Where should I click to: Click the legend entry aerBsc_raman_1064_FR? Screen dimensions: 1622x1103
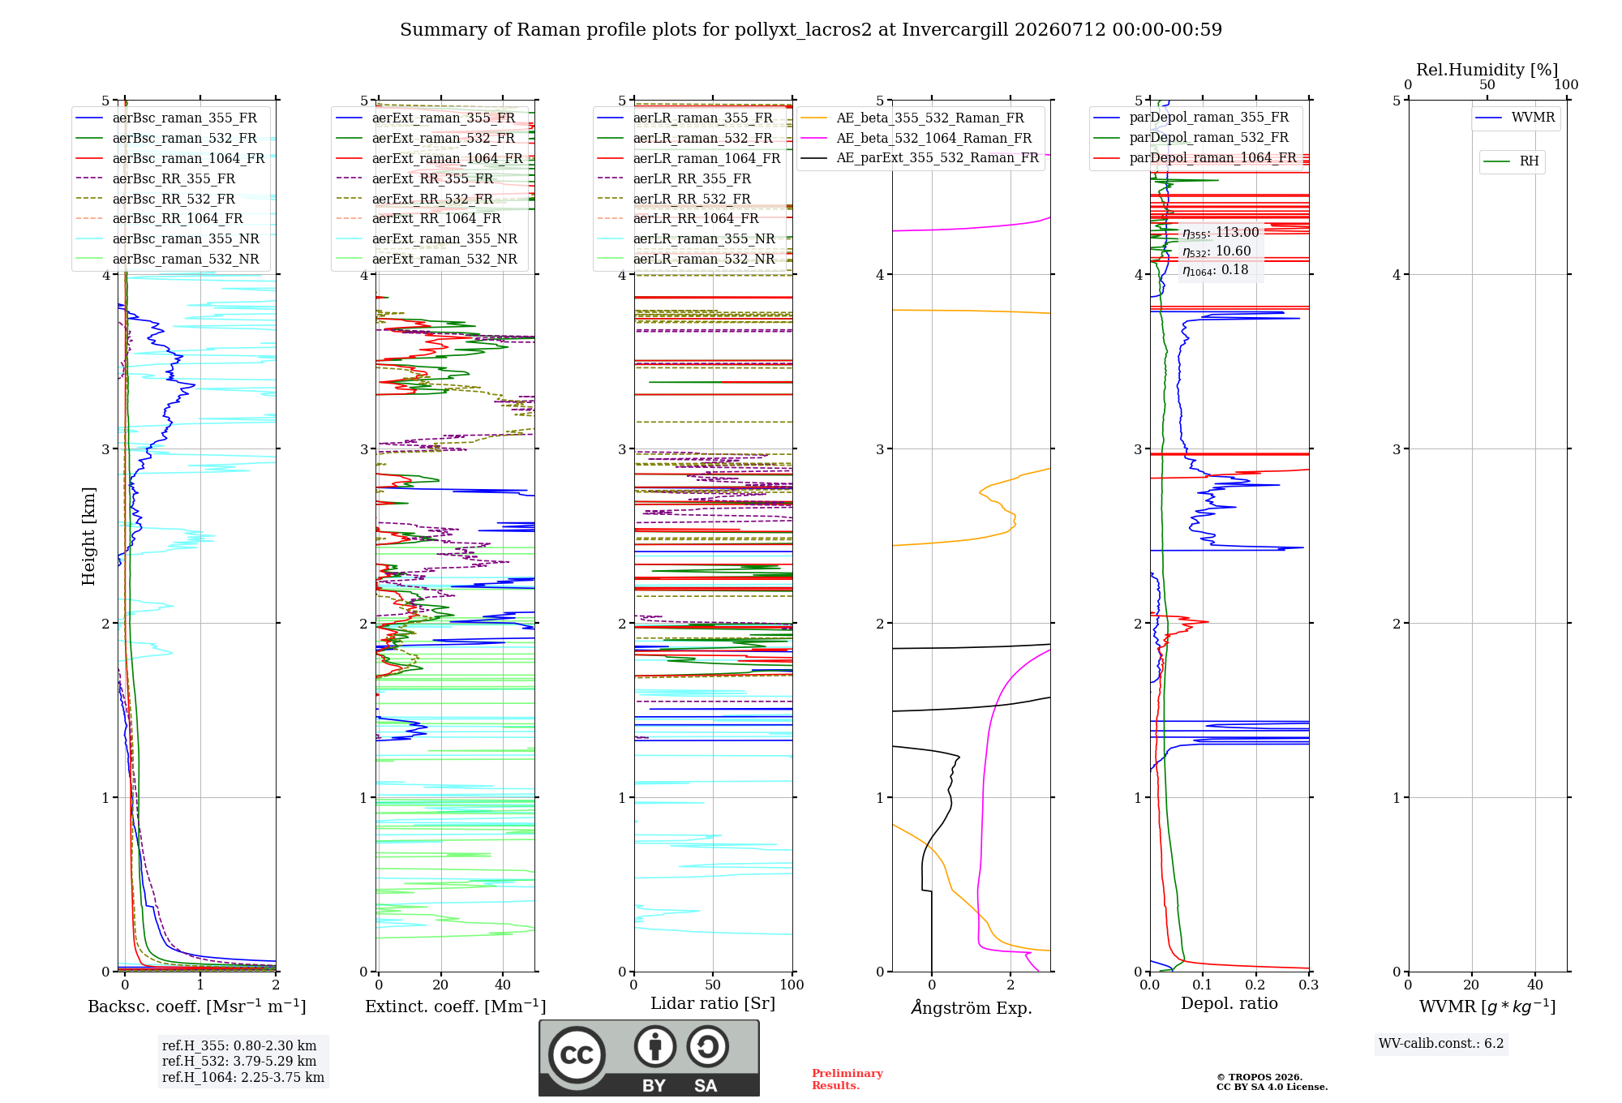pyautogui.click(x=170, y=158)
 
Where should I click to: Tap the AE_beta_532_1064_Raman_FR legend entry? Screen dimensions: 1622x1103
pyautogui.click(x=916, y=138)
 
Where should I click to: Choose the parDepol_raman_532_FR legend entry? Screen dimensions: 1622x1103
pyautogui.click(x=1191, y=138)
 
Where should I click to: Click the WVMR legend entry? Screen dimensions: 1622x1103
pyautogui.click(x=1516, y=118)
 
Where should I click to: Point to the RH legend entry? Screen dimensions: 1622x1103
pyautogui.click(x=1512, y=161)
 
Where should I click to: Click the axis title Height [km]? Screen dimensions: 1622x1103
pyautogui.click(x=88, y=536)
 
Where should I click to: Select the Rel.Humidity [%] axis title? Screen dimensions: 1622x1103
pyautogui.click(x=1487, y=70)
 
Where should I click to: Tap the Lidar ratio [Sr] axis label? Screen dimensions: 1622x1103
pyautogui.click(x=713, y=1004)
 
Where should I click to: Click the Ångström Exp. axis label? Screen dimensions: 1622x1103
pyautogui.click(x=972, y=1007)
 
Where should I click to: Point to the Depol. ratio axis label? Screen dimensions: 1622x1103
pyautogui.click(x=1229, y=1004)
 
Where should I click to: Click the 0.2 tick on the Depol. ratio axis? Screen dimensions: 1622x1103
pyautogui.click(x=1255, y=985)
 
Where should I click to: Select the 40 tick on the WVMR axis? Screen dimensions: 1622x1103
pyautogui.click(x=1535, y=985)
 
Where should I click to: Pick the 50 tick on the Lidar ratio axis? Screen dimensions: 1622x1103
pyautogui.click(x=713, y=985)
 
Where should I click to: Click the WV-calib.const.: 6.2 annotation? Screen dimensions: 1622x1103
pyautogui.click(x=1441, y=1044)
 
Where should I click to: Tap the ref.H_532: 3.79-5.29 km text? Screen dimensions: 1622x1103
pyautogui.click(x=239, y=1061)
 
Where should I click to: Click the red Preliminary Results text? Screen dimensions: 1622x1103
pyautogui.click(x=847, y=1079)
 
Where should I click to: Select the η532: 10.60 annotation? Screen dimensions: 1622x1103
pyautogui.click(x=1216, y=251)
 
